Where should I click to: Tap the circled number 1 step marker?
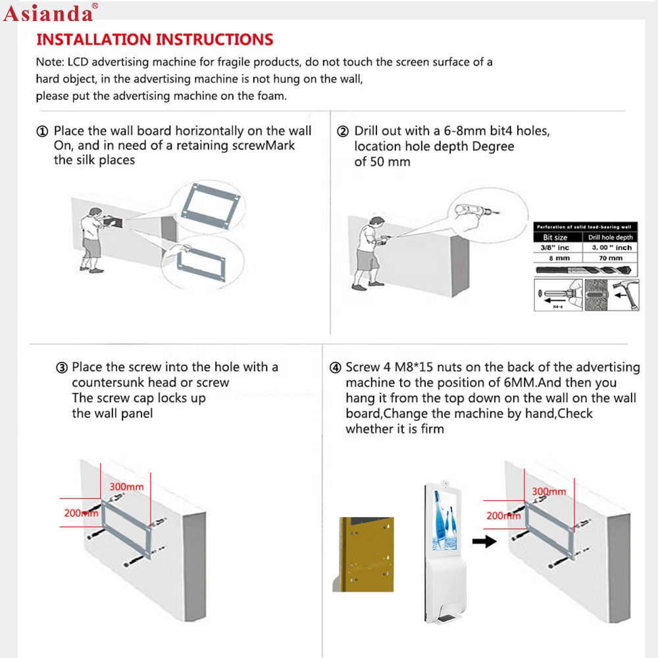click(43, 132)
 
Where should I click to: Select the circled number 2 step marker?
click(342, 132)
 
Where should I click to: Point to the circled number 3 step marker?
click(61, 368)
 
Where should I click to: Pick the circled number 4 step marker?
click(335, 368)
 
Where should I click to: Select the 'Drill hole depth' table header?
click(610, 237)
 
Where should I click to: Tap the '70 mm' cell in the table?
click(610, 258)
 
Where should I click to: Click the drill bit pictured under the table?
click(579, 270)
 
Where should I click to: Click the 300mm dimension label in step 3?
click(126, 486)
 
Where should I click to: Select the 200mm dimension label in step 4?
click(503, 516)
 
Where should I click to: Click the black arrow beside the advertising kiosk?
click(486, 542)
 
